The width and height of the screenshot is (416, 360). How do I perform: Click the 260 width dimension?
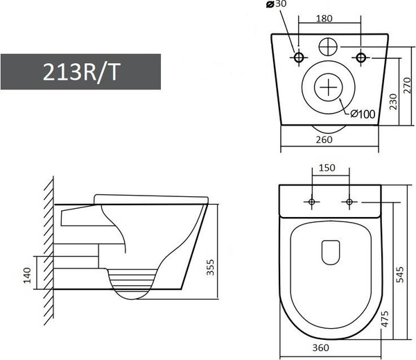(324, 139)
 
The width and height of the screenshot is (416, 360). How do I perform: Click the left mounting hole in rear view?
(300, 56)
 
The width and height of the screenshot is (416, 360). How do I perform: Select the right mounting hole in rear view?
(361, 56)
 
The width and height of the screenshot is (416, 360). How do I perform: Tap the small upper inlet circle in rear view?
(330, 47)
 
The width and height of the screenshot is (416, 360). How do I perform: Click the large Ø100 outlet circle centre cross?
(329, 89)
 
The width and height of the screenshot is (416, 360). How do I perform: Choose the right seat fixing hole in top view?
(349, 202)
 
